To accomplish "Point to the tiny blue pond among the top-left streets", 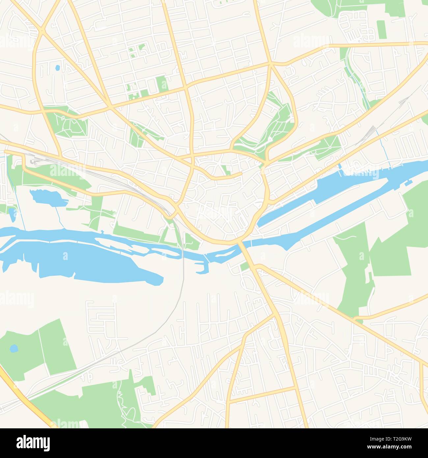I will (x=58, y=68).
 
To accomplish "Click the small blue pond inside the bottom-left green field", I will (x=14, y=348).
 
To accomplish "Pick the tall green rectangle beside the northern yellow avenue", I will (x=162, y=84).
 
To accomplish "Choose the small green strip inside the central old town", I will (x=227, y=170).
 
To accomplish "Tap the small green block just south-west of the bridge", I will (x=244, y=267).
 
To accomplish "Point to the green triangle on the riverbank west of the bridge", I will (x=191, y=242).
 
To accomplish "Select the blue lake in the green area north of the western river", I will (x=44, y=198).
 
